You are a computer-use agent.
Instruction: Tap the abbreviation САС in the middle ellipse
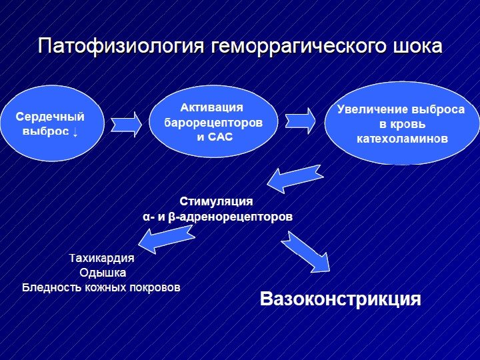(221, 137)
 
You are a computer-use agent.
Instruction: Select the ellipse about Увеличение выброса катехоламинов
(401, 124)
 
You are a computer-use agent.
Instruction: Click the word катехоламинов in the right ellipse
(401, 139)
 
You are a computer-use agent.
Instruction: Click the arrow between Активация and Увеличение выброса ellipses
(301, 121)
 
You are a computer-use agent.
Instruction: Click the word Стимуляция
(216, 201)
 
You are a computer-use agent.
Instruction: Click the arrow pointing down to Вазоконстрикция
(307, 252)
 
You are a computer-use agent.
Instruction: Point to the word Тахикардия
(101, 259)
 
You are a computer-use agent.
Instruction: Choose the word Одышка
(102, 273)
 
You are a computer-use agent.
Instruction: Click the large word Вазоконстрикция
(340, 298)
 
